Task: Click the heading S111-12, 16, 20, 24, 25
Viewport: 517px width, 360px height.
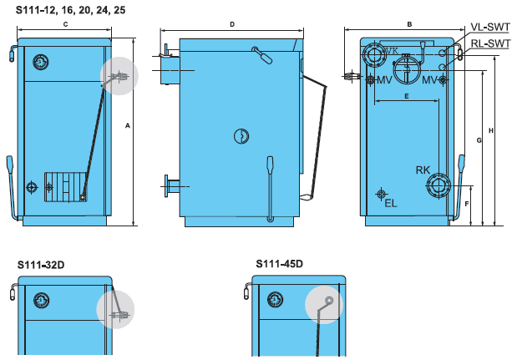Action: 70,10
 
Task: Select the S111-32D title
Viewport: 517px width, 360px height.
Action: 41,265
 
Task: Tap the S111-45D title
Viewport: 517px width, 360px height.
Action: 279,264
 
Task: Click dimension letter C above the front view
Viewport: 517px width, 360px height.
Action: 65,24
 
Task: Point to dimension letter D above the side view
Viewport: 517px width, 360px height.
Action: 232,24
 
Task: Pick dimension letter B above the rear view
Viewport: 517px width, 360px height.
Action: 409,24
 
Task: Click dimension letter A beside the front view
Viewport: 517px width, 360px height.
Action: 128,125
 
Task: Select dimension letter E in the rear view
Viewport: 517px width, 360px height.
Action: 407,96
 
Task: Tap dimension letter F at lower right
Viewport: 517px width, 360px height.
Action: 467,204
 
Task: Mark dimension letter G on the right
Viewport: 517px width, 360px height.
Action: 479,140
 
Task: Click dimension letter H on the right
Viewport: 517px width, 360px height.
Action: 491,131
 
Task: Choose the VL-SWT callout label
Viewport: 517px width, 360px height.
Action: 490,27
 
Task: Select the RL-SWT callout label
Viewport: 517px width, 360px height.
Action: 490,43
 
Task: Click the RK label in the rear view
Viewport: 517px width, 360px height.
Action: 423,170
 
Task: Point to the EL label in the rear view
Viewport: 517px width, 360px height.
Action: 391,204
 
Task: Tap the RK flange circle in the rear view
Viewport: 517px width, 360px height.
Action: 438,186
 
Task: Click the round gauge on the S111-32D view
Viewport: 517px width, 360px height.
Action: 42,301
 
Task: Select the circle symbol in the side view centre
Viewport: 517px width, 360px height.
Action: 241,136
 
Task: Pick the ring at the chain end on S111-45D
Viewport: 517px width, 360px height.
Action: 329,301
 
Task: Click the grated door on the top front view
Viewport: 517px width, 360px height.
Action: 66,186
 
